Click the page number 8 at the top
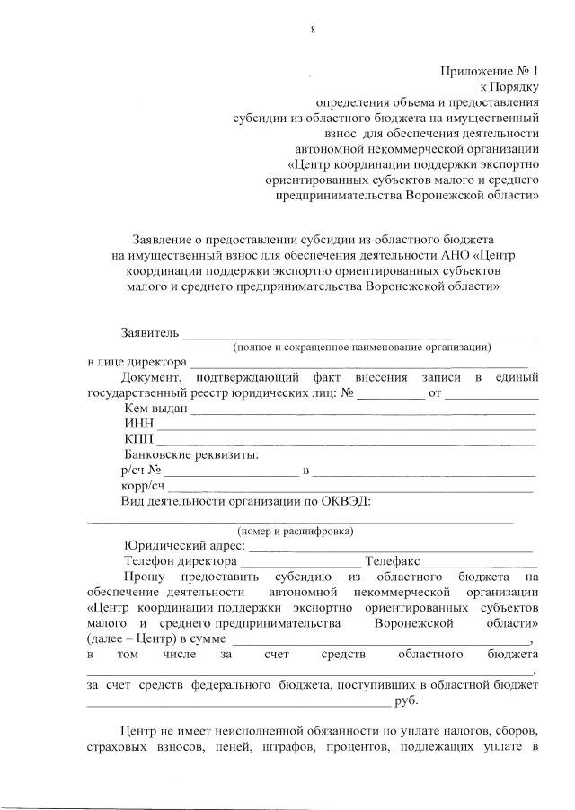coord(313,30)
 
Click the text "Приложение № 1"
coord(489,71)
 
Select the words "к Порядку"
coord(509,86)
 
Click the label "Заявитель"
coord(151,333)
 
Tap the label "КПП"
coord(139,439)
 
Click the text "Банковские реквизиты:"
coord(190,454)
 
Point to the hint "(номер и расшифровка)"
coord(295,531)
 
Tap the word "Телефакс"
coord(393,561)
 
